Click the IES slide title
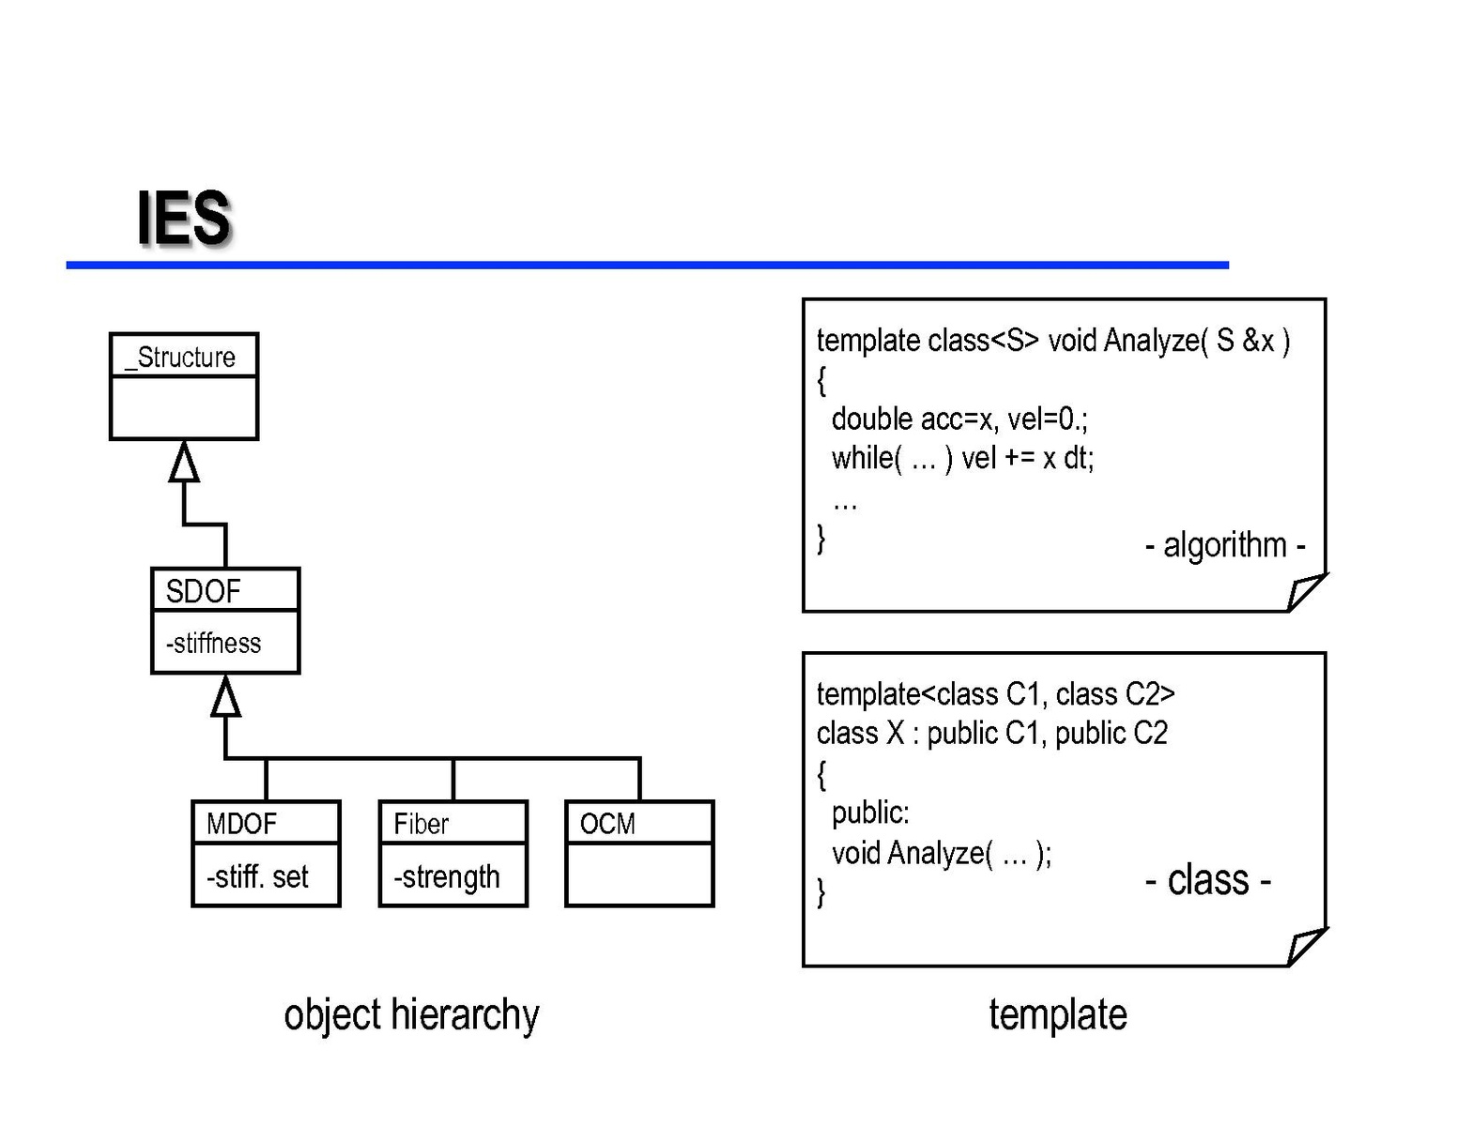pos(184,219)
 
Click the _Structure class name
pos(181,357)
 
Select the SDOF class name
pos(203,591)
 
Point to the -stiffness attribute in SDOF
pos(213,644)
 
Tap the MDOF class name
pos(241,824)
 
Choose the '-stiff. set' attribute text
pos(257,877)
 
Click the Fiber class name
pos(421,824)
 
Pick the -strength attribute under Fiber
pos(447,877)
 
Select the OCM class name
pos(607,824)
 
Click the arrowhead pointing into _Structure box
pos(184,462)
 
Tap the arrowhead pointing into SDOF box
pos(225,696)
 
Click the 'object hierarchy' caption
pos(411,1015)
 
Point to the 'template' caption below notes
pos(1058,1015)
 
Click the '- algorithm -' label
pos(1225,544)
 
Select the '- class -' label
pos(1208,880)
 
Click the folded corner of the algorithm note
pos(1305,593)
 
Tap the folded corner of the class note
pos(1305,947)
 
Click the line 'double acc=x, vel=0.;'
pos(959,418)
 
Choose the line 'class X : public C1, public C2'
pos(991,733)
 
